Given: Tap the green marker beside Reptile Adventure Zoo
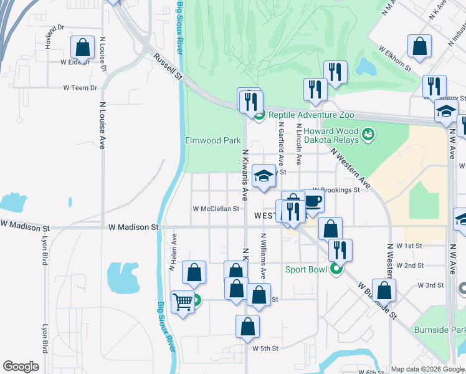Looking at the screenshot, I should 259,115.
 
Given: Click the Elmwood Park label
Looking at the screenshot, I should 213,141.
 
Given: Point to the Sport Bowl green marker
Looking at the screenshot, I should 336,269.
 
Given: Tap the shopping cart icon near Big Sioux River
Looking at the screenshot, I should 183,302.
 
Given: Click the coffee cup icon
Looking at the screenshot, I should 313,201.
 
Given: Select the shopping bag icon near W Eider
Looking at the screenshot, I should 82,47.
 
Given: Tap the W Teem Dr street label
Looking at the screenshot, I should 80,88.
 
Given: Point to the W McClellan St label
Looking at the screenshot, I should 216,209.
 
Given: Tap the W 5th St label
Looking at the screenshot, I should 265,348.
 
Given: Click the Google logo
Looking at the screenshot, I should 21,367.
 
